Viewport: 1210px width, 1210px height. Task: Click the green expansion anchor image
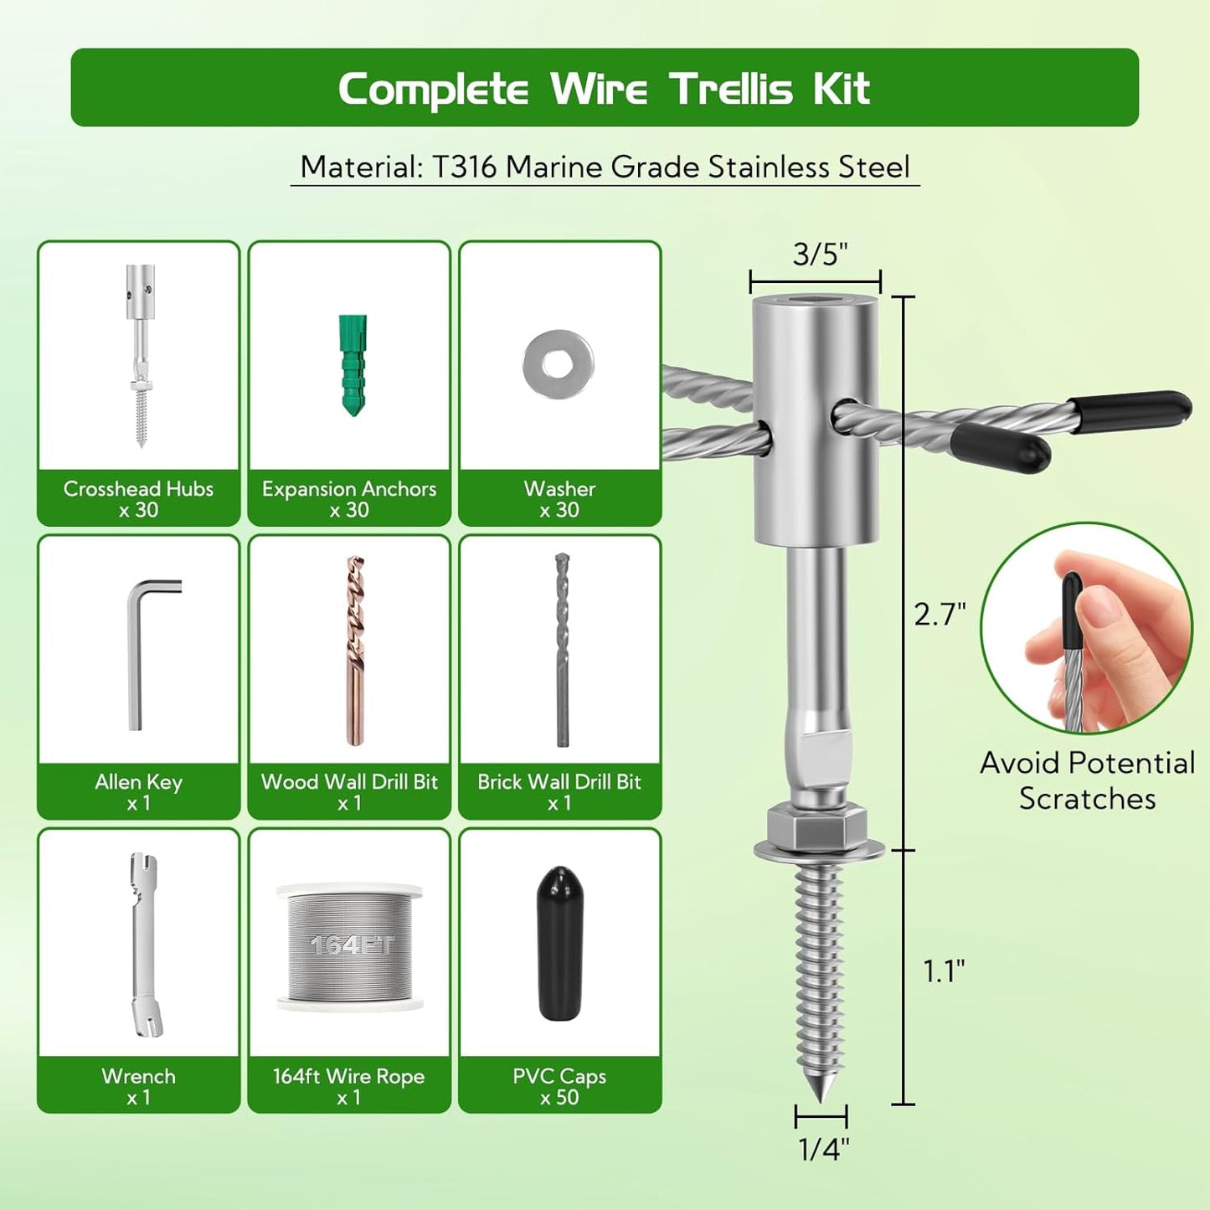tap(353, 365)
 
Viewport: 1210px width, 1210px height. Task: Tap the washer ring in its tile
tap(559, 364)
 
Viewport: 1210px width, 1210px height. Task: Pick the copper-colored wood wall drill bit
tap(356, 650)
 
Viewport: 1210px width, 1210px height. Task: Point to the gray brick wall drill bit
tap(562, 650)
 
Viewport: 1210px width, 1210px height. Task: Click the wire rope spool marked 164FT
tap(350, 946)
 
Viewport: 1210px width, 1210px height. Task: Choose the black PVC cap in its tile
tap(559, 943)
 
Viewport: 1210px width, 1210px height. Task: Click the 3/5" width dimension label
tap(820, 254)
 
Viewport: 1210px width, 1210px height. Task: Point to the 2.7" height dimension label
tap(940, 615)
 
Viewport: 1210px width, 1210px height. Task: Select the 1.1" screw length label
tap(944, 971)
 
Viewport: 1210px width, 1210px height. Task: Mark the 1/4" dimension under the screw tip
tap(823, 1149)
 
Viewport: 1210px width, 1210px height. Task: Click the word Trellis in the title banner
tap(731, 89)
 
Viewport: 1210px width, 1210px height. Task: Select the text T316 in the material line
tap(466, 167)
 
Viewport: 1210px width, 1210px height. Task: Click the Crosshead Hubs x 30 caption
tap(138, 499)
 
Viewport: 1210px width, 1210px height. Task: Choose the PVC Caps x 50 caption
tap(559, 1086)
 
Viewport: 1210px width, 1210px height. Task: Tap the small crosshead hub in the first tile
tap(141, 356)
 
